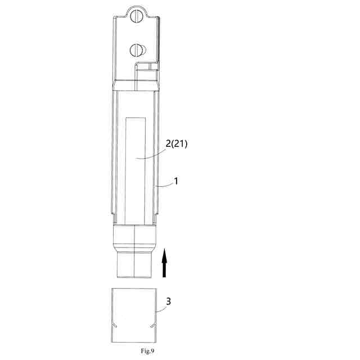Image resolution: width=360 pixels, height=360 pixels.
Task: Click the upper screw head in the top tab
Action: click(136, 16)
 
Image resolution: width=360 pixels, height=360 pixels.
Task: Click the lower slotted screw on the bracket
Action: click(136, 50)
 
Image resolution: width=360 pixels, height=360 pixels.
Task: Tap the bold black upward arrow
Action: click(164, 263)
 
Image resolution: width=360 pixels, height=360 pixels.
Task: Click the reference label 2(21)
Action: click(177, 144)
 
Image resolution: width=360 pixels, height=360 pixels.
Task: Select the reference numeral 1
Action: click(176, 181)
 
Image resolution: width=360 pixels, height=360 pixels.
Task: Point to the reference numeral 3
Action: click(169, 301)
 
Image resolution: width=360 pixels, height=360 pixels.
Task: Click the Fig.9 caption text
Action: click(147, 351)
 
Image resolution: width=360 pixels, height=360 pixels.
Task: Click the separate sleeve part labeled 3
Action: click(134, 315)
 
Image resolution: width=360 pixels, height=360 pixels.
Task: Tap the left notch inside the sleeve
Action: click(115, 325)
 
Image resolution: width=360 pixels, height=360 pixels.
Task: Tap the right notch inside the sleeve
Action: click(152, 326)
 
